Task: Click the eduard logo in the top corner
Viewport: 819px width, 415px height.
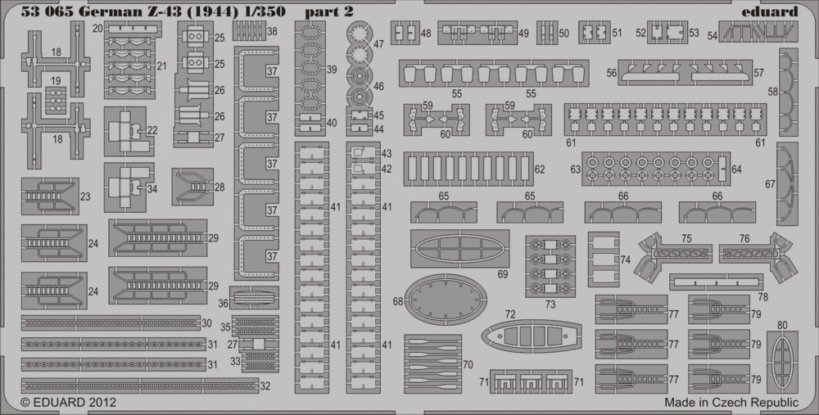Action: coord(774,11)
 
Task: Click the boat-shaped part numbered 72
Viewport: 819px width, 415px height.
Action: coord(531,335)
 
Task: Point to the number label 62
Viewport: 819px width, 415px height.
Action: coord(539,169)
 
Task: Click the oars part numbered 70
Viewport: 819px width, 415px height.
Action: coord(432,354)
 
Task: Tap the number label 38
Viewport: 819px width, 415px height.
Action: coord(272,32)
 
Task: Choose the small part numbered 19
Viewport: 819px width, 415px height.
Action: coord(56,100)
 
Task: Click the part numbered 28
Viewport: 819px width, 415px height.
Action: coord(192,187)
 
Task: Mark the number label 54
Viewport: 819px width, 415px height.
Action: coord(713,35)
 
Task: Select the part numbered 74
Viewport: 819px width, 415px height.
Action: coord(604,259)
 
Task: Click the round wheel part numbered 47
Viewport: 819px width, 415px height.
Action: coord(359,34)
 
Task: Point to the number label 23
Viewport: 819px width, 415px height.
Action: coord(85,196)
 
